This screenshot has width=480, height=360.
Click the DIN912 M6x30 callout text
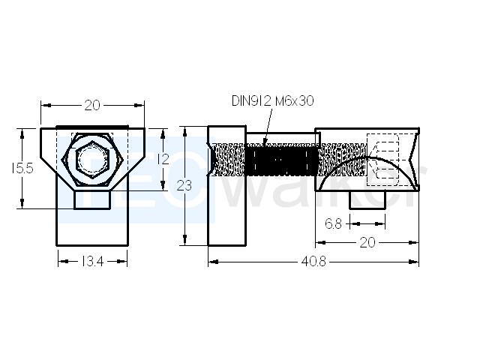[273, 100]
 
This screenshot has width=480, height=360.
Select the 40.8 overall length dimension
[313, 262]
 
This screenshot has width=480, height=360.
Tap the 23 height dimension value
[184, 185]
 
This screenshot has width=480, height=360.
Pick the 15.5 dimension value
[22, 168]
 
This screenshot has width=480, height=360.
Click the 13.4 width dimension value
[93, 262]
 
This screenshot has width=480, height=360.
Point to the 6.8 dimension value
[333, 223]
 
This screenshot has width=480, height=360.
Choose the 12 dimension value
[163, 159]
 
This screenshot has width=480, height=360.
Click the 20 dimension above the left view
[92, 105]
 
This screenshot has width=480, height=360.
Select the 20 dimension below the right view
[367, 242]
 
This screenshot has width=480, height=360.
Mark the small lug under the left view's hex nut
[92, 199]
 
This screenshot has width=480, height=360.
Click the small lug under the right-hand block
[367, 200]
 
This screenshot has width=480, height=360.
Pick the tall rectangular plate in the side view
[226, 186]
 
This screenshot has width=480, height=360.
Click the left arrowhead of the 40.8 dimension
[213, 262]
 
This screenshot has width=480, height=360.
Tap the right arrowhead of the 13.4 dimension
[122, 262]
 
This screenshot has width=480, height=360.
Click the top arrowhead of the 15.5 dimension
[22, 133]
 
